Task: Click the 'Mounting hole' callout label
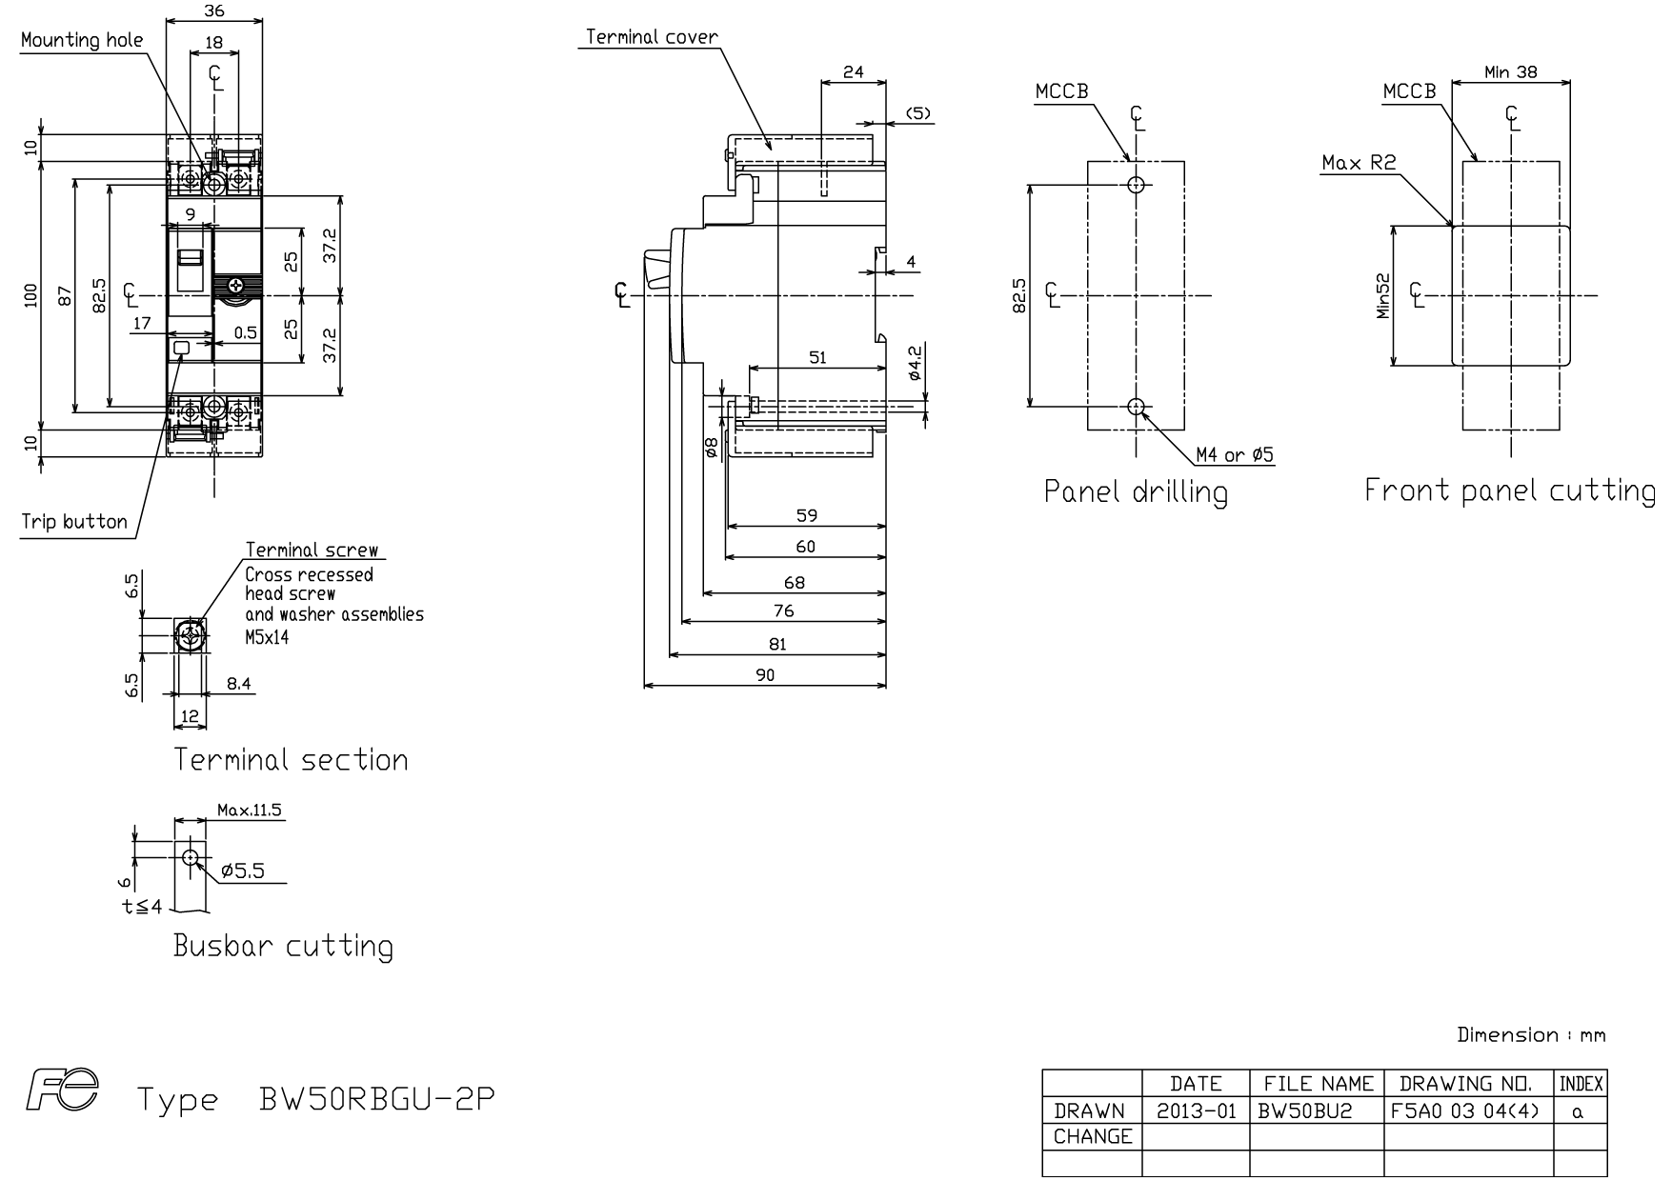(x=82, y=40)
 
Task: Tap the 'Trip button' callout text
(x=74, y=522)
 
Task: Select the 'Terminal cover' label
(x=652, y=37)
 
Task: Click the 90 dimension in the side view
(x=765, y=674)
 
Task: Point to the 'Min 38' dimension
(x=1511, y=71)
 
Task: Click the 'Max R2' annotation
(x=1359, y=163)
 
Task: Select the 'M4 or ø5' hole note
(x=1235, y=455)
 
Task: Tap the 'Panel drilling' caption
(x=1136, y=491)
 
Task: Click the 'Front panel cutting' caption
(x=1510, y=490)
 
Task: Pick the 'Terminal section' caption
(x=291, y=760)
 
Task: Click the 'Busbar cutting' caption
(x=283, y=946)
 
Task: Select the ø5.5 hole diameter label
(x=242, y=871)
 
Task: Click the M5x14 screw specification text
(x=267, y=637)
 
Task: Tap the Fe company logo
(x=63, y=1091)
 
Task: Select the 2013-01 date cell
(x=1196, y=1111)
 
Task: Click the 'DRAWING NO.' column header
(x=1467, y=1084)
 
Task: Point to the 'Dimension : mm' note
(x=1531, y=1035)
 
